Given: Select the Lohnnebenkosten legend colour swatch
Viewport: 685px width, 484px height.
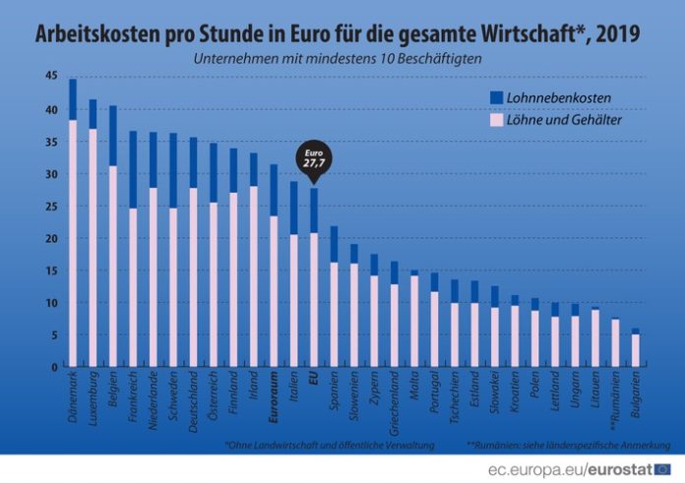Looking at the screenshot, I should (x=497, y=97).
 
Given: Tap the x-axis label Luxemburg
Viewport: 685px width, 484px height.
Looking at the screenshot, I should (x=91, y=397).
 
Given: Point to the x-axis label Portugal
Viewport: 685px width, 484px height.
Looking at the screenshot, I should (x=433, y=394).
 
